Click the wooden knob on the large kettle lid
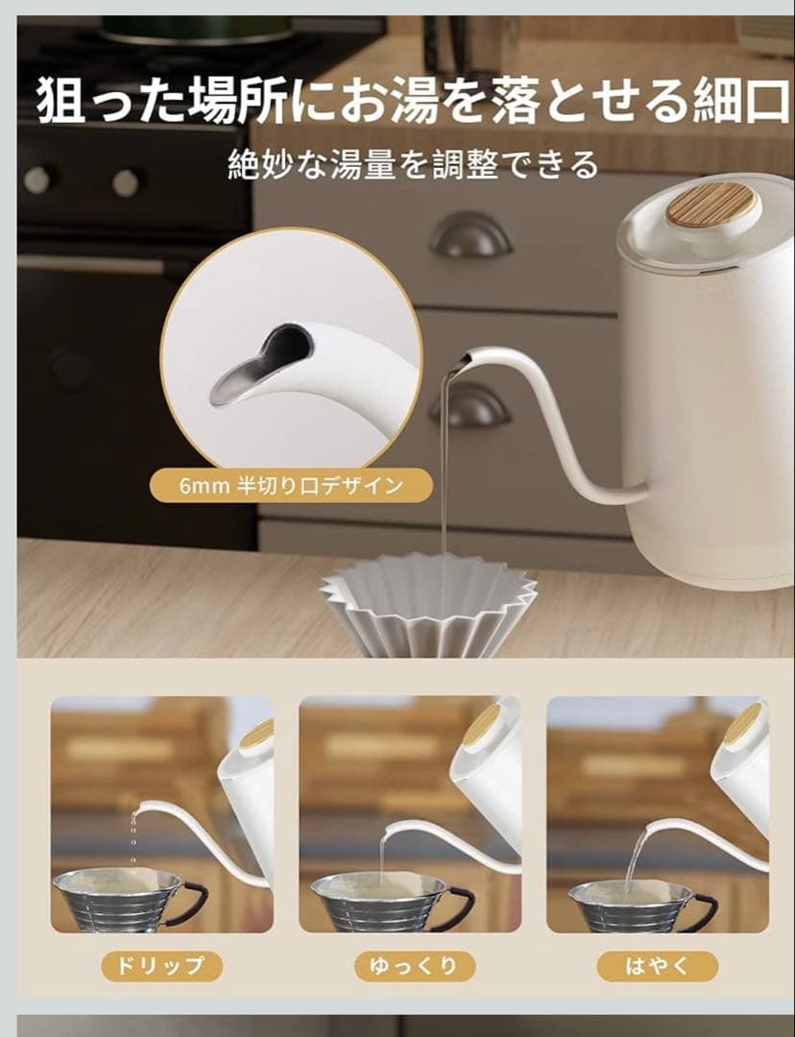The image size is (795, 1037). pos(711,204)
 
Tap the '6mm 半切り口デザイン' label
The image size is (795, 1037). pos(291,486)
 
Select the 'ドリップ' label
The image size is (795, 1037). pos(161,966)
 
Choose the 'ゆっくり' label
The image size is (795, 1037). pos(414,966)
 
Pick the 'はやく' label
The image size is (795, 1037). pos(657,966)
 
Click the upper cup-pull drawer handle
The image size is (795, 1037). pos(470,235)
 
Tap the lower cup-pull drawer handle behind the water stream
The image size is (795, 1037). pos(470,405)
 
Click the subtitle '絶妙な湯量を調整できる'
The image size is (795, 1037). pos(413,165)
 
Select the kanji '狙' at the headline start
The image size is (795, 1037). pos(60,100)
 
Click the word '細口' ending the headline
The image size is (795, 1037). pos(741,100)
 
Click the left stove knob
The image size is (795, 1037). pos(37,180)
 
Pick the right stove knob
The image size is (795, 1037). pos(125,182)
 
